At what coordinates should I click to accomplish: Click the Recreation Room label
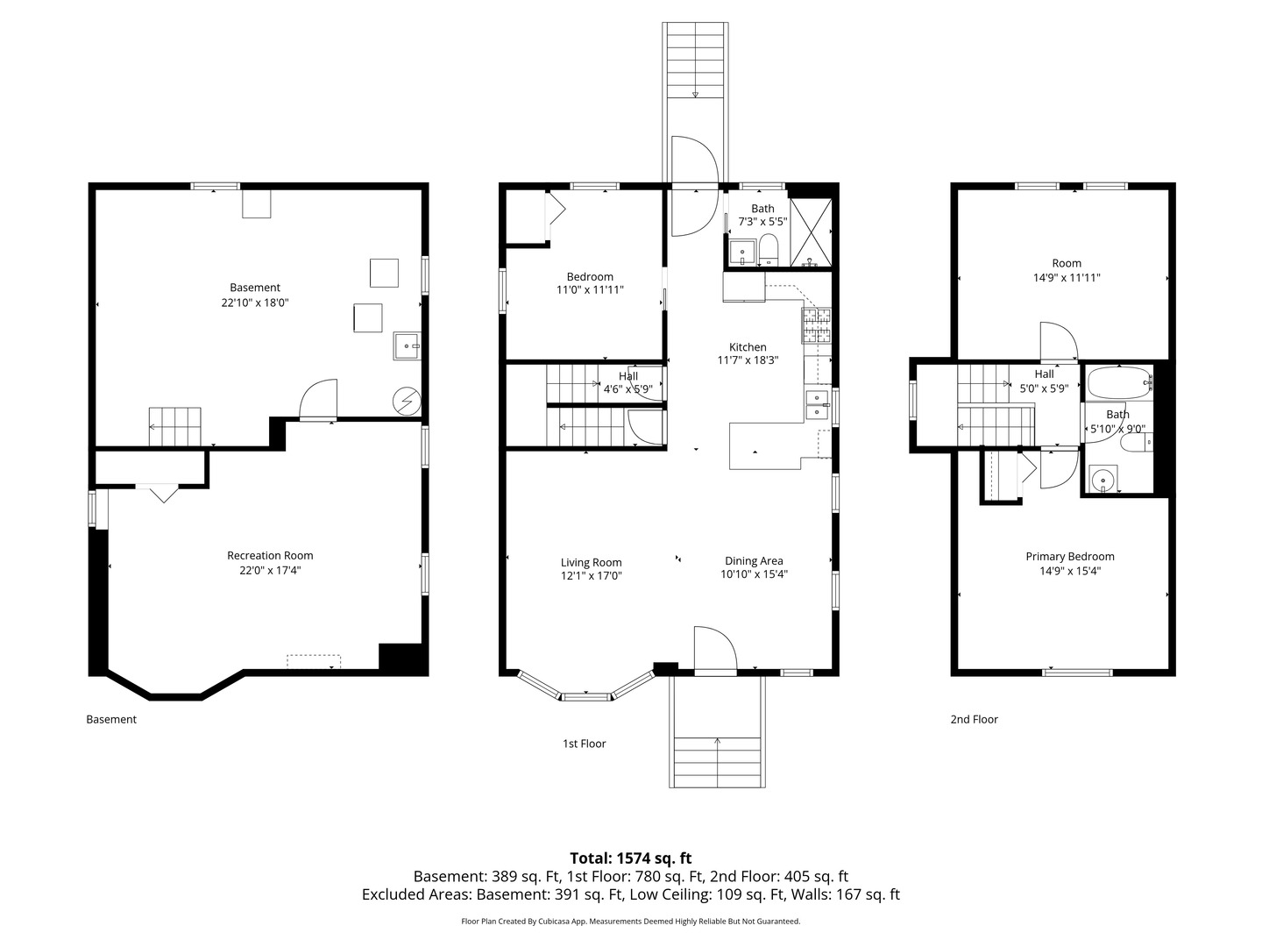point(269,555)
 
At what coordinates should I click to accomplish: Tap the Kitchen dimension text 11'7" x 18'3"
point(748,360)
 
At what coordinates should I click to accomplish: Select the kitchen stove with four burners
point(817,325)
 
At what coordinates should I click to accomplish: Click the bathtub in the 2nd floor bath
point(1117,383)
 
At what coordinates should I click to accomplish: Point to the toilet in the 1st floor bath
point(769,249)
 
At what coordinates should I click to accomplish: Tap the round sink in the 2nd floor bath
point(1102,479)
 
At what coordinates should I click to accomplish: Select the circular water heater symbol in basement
point(406,402)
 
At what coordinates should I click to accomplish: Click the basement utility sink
point(407,345)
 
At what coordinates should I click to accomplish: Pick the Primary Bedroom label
point(1069,556)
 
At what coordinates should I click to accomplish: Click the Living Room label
point(591,563)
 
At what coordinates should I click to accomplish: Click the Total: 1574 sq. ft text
point(630,858)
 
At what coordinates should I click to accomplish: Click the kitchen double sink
point(817,404)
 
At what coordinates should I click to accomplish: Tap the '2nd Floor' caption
point(974,719)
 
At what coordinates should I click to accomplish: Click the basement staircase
point(174,426)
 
